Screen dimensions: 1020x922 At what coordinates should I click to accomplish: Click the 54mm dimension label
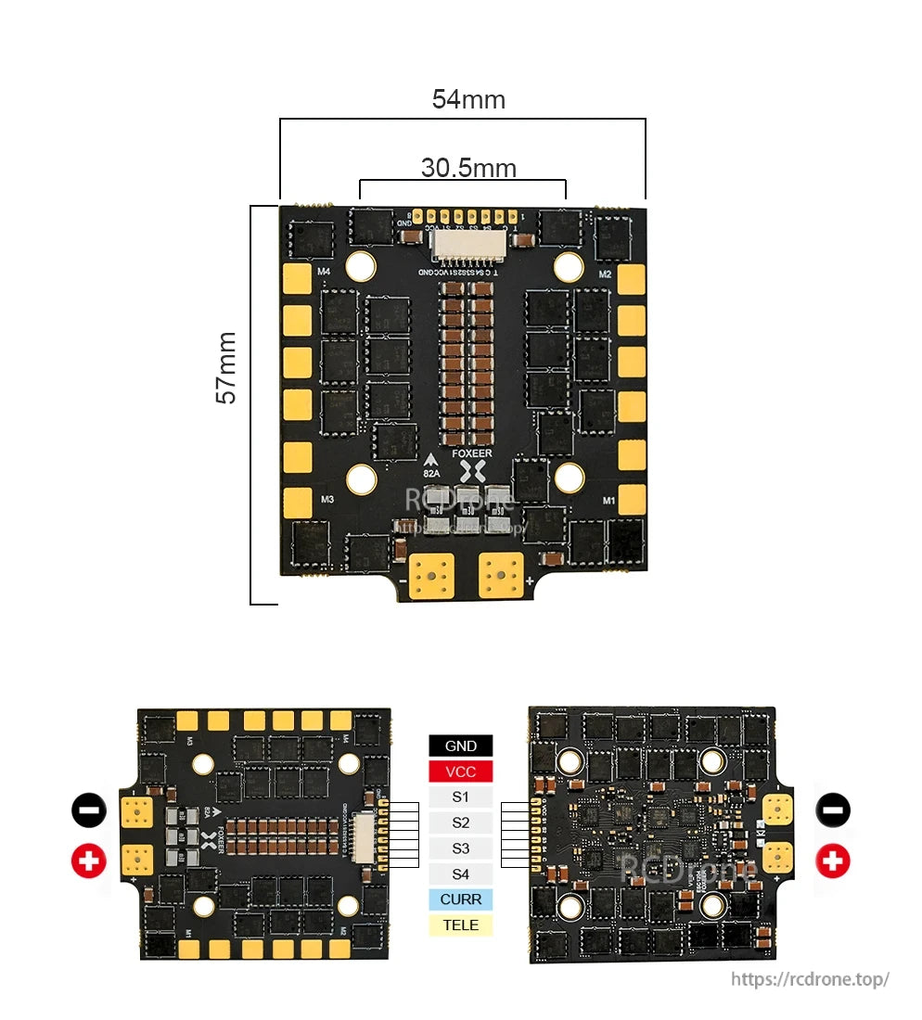pyautogui.click(x=468, y=99)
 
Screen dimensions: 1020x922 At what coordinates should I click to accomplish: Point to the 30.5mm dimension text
pyautogui.click(x=468, y=168)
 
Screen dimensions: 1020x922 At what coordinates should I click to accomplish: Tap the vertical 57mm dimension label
pyautogui.click(x=226, y=367)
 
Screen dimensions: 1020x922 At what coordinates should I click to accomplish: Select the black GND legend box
pyautogui.click(x=460, y=746)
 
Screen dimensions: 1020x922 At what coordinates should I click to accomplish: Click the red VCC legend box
pyautogui.click(x=460, y=771)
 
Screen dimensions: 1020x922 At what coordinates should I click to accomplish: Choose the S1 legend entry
pyautogui.click(x=460, y=797)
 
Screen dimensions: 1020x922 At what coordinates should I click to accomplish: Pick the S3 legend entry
pyautogui.click(x=460, y=848)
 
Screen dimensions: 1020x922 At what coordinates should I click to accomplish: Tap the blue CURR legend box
pyautogui.click(x=460, y=899)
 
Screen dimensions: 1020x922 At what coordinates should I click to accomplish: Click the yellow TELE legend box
pyautogui.click(x=460, y=925)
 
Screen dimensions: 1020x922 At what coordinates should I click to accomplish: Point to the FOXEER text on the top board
pyautogui.click(x=472, y=453)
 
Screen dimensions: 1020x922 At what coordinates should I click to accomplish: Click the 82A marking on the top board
pyautogui.click(x=432, y=472)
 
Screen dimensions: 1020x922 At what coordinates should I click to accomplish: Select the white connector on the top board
pyautogui.click(x=467, y=245)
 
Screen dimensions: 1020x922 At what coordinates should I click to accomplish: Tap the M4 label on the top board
pyautogui.click(x=324, y=272)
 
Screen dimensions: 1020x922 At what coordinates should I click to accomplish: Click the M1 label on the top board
pyautogui.click(x=608, y=500)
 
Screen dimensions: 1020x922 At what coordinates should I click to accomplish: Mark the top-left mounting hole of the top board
pyautogui.click(x=360, y=267)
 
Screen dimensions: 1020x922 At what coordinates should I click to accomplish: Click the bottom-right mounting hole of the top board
pyautogui.click(x=569, y=478)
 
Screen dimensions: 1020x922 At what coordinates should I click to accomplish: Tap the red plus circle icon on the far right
pyautogui.click(x=833, y=861)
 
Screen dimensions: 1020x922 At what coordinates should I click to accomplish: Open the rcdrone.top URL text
pyautogui.click(x=810, y=979)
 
